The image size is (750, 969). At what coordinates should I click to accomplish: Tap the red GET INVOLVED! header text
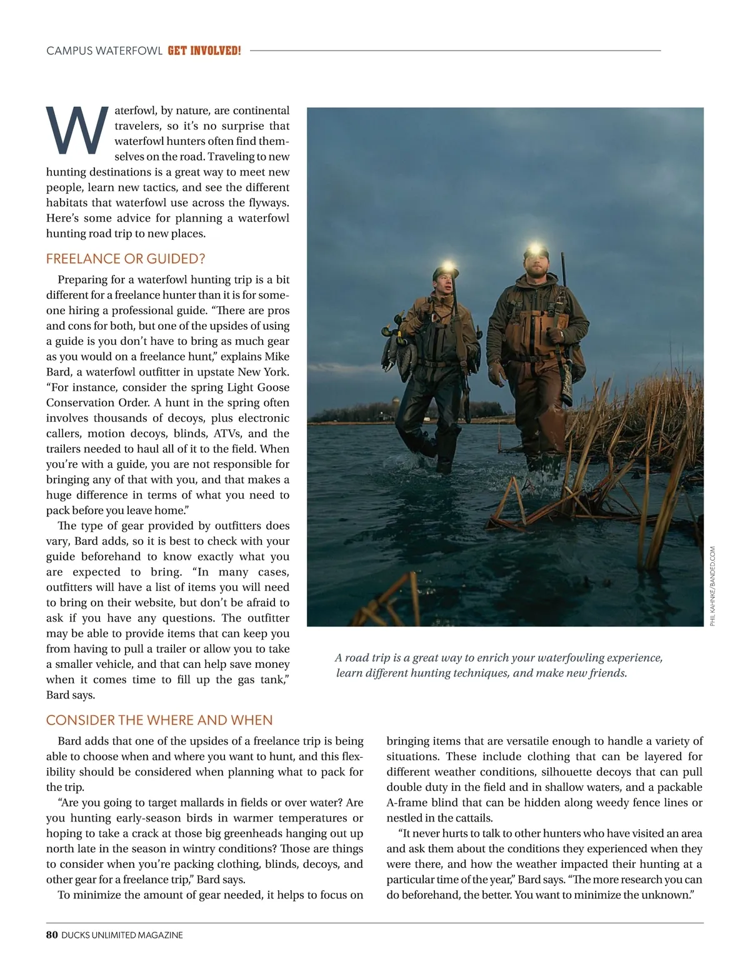(204, 51)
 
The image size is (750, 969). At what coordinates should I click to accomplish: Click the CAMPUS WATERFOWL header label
(104, 51)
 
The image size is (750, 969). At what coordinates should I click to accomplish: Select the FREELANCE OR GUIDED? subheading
(126, 259)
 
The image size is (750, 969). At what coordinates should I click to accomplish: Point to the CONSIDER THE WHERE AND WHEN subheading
(159, 720)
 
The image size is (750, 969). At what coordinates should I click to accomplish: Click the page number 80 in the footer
(52, 935)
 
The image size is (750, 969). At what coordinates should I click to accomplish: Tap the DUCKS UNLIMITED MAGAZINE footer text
(122, 935)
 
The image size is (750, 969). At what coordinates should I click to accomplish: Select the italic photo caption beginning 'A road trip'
(499, 665)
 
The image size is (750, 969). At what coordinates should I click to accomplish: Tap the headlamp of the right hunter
(534, 248)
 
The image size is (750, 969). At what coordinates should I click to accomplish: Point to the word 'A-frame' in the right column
(407, 803)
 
